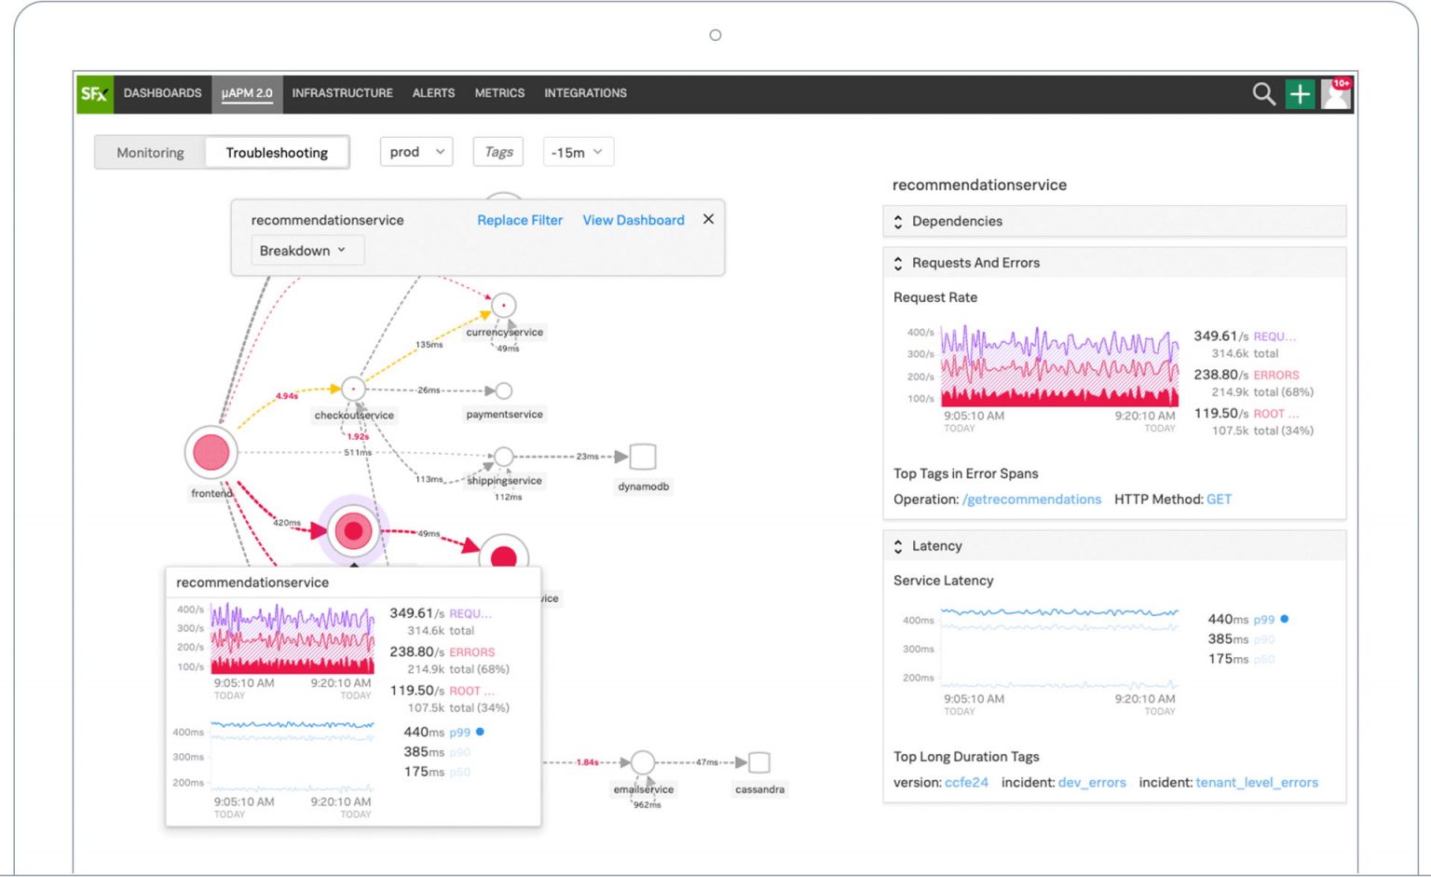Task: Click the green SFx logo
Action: pyautogui.click(x=94, y=93)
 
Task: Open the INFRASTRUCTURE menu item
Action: pyautogui.click(x=342, y=93)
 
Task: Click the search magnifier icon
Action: pyautogui.click(x=1263, y=93)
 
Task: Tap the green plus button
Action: pyautogui.click(x=1300, y=93)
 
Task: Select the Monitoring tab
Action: pyautogui.click(x=150, y=153)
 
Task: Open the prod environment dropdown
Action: pyautogui.click(x=416, y=152)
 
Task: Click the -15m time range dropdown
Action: pyautogui.click(x=578, y=152)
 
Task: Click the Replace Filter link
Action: pyautogui.click(x=520, y=220)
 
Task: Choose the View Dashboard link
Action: pyautogui.click(x=634, y=220)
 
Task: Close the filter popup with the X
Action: pyautogui.click(x=708, y=219)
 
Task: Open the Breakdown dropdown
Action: pyautogui.click(x=304, y=251)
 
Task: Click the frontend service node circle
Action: pyautogui.click(x=211, y=452)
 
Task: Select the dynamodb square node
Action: pyautogui.click(x=643, y=457)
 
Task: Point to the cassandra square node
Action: pyautogui.click(x=759, y=762)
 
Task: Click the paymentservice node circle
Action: pyautogui.click(x=504, y=391)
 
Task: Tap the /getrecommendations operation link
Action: pyautogui.click(x=1031, y=500)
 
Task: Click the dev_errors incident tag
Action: pyautogui.click(x=1092, y=783)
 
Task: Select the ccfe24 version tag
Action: pyautogui.click(x=966, y=783)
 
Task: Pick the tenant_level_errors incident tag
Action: pyautogui.click(x=1257, y=783)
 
